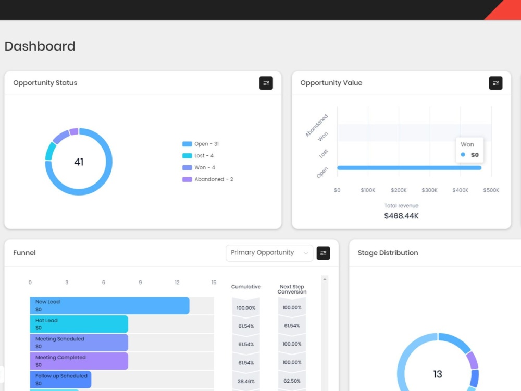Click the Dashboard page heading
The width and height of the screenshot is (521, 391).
[x=40, y=46]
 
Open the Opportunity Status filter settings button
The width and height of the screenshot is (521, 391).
[x=266, y=83]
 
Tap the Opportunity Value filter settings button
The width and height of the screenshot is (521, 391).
[x=495, y=83]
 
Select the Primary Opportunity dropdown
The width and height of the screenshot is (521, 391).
[x=269, y=253]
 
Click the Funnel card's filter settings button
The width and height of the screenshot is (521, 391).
[x=323, y=253]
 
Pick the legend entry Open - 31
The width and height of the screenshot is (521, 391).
[x=201, y=144]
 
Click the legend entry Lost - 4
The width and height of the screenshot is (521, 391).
[x=197, y=155]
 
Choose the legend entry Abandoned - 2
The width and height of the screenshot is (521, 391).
[x=208, y=179]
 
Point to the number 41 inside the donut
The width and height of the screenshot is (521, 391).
[x=79, y=162]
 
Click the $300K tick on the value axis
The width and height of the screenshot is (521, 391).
[x=429, y=190]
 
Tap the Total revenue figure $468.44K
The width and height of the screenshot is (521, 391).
[x=401, y=216]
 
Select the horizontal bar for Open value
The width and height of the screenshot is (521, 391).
[x=410, y=168]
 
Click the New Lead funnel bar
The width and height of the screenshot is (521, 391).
[x=109, y=306]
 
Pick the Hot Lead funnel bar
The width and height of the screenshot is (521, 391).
[x=79, y=324]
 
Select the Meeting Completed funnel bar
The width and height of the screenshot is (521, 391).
[x=79, y=361]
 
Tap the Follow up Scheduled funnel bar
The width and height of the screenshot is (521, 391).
[x=60, y=380]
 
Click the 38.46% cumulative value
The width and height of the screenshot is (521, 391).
[x=246, y=382]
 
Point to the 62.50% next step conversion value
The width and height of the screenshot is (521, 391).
[x=292, y=381]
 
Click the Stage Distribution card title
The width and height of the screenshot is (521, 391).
[x=388, y=253]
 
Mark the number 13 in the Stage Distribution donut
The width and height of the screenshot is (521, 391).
[x=438, y=374]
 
